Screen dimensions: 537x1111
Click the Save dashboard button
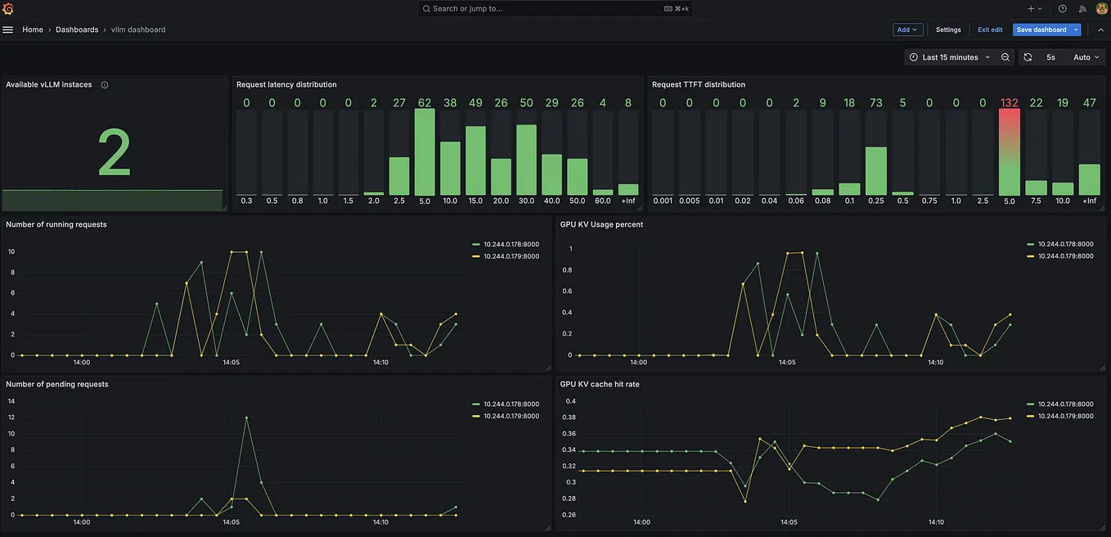1041,29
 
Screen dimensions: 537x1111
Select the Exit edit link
990,29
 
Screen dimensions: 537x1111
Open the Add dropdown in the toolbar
907,29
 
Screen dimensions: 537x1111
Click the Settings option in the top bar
948,29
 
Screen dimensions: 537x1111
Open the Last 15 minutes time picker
950,57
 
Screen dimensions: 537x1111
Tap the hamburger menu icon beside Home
8,29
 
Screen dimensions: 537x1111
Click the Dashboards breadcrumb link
77,29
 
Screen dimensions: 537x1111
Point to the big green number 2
114,153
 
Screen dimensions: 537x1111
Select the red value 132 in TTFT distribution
1009,102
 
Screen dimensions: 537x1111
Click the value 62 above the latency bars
424,102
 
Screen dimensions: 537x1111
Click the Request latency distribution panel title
286,84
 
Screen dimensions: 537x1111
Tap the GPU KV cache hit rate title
600,384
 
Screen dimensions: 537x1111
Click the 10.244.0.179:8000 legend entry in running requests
511,256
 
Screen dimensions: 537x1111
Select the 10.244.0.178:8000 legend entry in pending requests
511,404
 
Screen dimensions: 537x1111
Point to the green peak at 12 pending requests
246,417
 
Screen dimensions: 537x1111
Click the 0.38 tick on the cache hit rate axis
570,417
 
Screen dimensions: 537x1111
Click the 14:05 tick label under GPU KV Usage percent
786,362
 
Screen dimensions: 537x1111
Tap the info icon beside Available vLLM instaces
105,84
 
